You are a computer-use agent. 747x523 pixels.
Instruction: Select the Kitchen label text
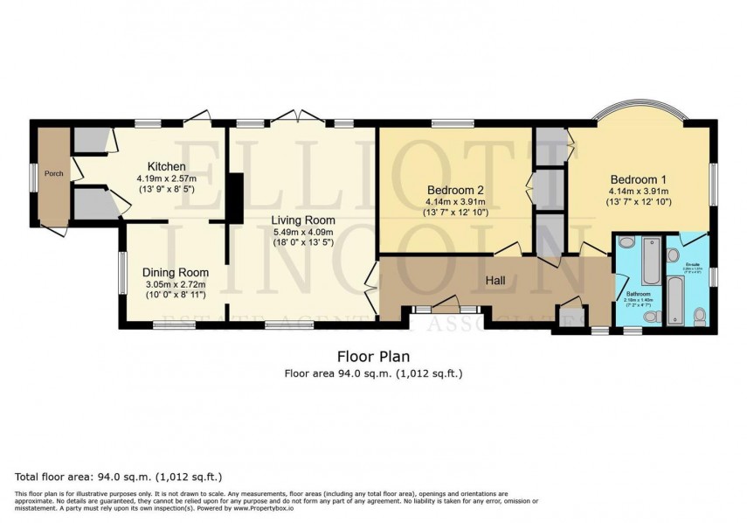click(x=166, y=166)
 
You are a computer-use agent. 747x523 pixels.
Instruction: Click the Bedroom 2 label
click(x=455, y=190)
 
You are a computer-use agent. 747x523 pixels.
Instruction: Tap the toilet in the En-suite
click(x=698, y=316)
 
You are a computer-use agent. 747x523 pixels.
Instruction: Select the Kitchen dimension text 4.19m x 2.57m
click(x=166, y=178)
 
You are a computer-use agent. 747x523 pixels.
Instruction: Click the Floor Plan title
click(x=373, y=356)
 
